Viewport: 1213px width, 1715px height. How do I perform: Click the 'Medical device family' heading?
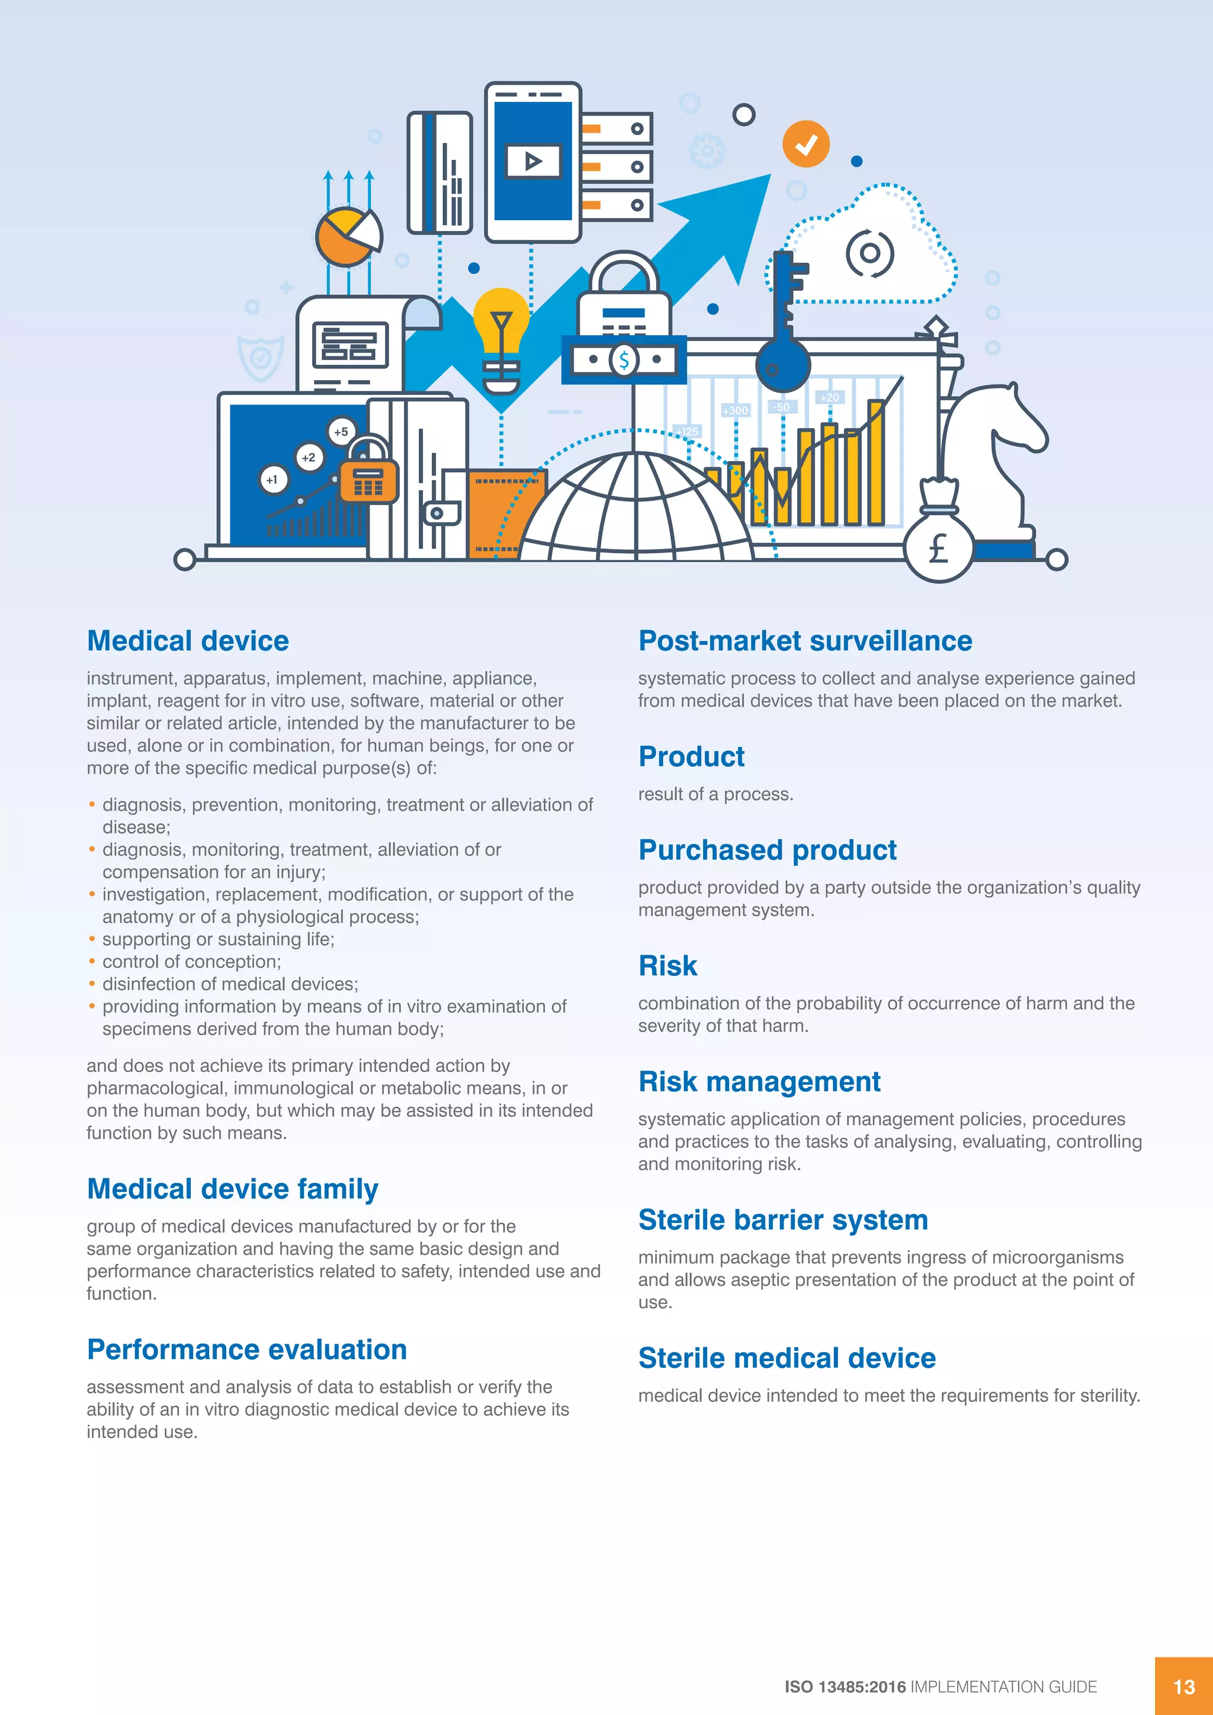[x=232, y=1189]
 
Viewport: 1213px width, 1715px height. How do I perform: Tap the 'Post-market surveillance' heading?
[x=805, y=641]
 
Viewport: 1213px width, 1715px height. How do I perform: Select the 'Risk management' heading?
[x=759, y=1081]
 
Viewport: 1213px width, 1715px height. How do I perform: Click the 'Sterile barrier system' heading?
[x=783, y=1220]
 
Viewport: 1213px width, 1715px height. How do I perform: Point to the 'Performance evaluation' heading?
[x=246, y=1350]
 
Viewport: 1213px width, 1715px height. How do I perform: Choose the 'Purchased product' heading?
[x=767, y=850]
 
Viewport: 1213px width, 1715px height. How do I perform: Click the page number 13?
[x=1184, y=1687]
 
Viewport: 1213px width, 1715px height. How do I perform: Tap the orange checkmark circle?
[x=805, y=143]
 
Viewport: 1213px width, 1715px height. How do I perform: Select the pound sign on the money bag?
[x=938, y=548]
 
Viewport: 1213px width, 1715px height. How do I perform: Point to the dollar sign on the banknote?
[x=624, y=360]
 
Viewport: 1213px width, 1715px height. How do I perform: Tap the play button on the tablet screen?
[x=532, y=160]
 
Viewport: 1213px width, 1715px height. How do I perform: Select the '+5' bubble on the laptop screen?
[x=341, y=432]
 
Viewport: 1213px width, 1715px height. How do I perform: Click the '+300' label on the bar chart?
[x=735, y=410]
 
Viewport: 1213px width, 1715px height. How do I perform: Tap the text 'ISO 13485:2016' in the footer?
[x=845, y=1687]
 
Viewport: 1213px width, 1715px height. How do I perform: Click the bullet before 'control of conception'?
[x=92, y=961]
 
